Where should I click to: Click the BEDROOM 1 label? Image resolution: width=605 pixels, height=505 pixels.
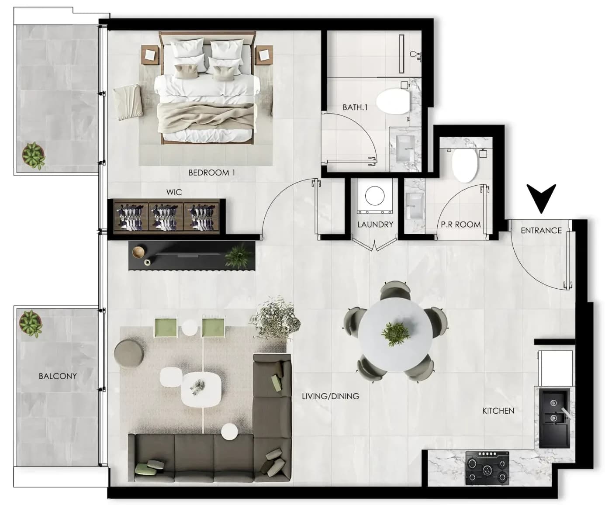[211, 173]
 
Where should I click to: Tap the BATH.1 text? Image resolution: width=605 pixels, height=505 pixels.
[355, 107]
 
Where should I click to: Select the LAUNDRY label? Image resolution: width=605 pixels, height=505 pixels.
[375, 225]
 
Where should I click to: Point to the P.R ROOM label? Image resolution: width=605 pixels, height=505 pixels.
[460, 225]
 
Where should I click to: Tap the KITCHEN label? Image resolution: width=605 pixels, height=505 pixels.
[498, 411]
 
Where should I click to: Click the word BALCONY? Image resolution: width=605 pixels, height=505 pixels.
[58, 376]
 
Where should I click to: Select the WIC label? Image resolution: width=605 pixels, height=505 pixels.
[174, 192]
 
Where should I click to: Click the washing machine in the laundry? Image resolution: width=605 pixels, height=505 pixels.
[375, 196]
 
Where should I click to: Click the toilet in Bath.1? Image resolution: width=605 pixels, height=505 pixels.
[393, 101]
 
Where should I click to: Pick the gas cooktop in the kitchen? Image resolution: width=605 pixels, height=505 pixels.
[487, 468]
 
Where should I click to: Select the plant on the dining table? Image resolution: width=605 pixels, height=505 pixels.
[395, 333]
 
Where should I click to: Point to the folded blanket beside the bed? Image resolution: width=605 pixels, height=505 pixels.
[128, 102]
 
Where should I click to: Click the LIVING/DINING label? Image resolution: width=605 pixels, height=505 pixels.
[330, 396]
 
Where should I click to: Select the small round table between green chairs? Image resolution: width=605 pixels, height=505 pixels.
[190, 328]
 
